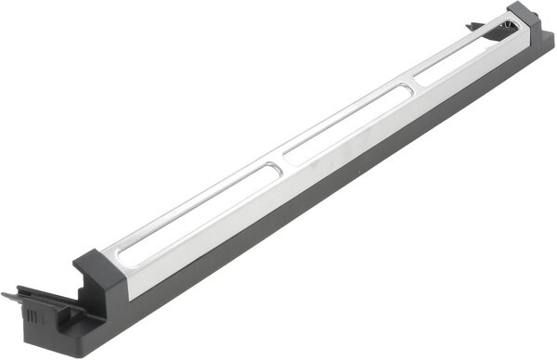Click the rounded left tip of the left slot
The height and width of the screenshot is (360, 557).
pos(116,251)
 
